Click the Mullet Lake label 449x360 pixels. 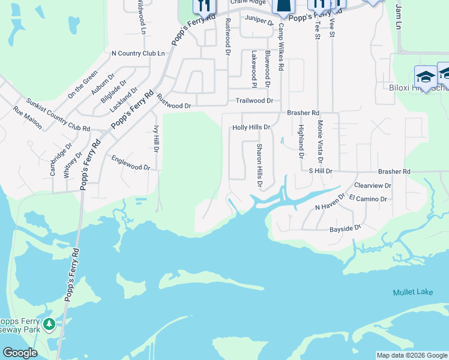click(412, 292)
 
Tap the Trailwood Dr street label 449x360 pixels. click(255, 101)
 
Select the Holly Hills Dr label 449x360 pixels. click(251, 127)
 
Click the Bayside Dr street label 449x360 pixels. click(345, 229)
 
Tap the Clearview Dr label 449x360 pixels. click(373, 186)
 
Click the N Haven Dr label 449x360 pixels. click(330, 202)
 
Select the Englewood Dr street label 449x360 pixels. click(130, 163)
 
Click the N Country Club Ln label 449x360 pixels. click(138, 53)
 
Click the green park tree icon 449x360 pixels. click(49, 325)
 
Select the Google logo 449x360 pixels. click(20, 353)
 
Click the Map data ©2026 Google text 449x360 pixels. click(412, 355)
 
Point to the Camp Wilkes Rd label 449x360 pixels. click(280, 49)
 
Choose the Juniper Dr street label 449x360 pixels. click(259, 19)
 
